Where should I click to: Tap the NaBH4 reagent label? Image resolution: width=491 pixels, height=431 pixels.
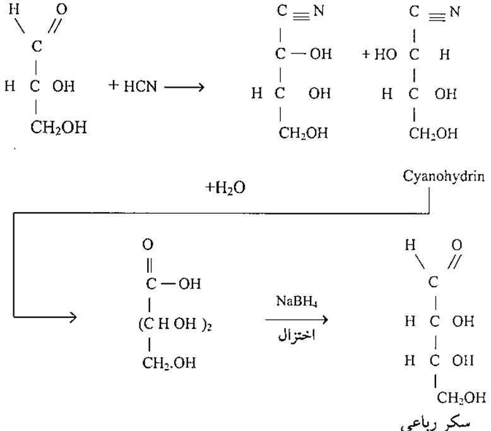pyautogui.click(x=293, y=302)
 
